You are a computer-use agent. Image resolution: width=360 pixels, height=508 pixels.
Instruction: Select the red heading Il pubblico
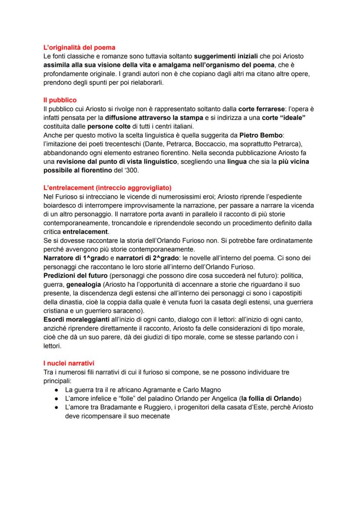pos(60,100)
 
